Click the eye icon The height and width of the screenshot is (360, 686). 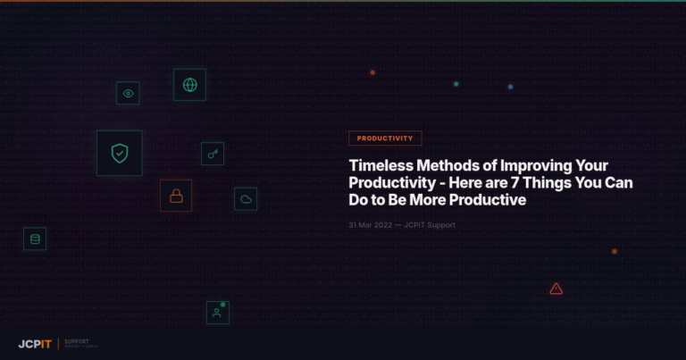[x=128, y=93]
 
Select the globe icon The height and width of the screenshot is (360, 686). [x=189, y=85]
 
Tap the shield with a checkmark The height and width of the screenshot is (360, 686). [x=120, y=153]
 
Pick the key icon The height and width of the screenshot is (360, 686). [x=213, y=154]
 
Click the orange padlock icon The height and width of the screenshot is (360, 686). [x=176, y=196]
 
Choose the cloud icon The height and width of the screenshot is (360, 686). [x=246, y=199]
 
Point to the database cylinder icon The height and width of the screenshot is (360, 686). [x=35, y=239]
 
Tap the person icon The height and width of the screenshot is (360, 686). [x=217, y=313]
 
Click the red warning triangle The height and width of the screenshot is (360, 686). [x=556, y=289]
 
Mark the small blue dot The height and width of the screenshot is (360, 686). [x=510, y=87]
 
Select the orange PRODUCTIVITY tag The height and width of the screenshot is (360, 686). [x=385, y=138]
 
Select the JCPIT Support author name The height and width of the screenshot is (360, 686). [x=430, y=225]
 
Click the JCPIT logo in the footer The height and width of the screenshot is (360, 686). [x=35, y=344]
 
